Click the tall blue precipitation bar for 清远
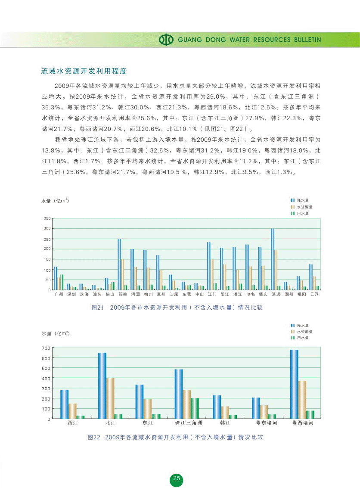click(272, 259)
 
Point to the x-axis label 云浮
click(315, 295)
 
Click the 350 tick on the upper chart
click(47, 219)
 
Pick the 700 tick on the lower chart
click(46, 348)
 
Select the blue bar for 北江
click(102, 385)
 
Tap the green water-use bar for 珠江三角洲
click(195, 408)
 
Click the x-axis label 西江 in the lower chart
click(73, 423)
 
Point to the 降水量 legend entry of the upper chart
click(302, 200)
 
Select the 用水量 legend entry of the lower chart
click(302, 338)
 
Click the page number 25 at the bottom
click(176, 479)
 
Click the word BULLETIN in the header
click(307, 40)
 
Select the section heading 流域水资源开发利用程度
click(84, 71)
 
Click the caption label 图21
click(99, 308)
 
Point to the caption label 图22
click(94, 437)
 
